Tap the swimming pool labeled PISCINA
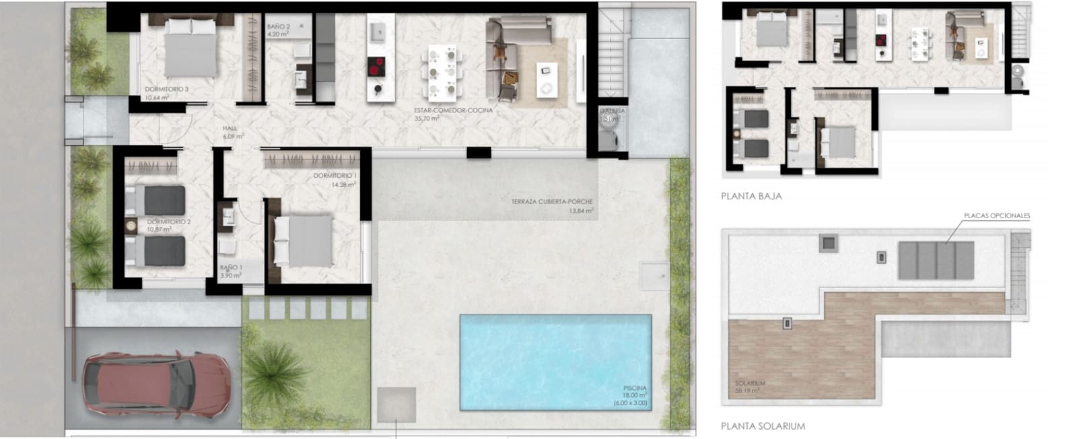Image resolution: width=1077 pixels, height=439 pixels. click(555, 362)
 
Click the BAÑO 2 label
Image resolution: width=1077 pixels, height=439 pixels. click(279, 26)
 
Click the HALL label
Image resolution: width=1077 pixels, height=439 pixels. click(231, 129)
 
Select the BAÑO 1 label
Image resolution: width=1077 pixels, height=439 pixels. click(231, 267)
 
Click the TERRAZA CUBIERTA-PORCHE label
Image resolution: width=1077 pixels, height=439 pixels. click(552, 202)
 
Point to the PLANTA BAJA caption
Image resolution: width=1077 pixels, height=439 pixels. click(751, 197)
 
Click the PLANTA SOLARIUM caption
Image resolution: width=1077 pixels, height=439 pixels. click(763, 426)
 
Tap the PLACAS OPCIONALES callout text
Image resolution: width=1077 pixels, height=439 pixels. click(997, 216)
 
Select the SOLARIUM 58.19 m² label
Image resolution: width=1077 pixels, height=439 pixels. click(750, 384)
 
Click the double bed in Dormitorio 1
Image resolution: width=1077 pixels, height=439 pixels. click(304, 240)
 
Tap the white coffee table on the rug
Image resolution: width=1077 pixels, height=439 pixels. click(546, 79)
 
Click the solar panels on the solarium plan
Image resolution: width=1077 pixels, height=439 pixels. click(936, 260)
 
